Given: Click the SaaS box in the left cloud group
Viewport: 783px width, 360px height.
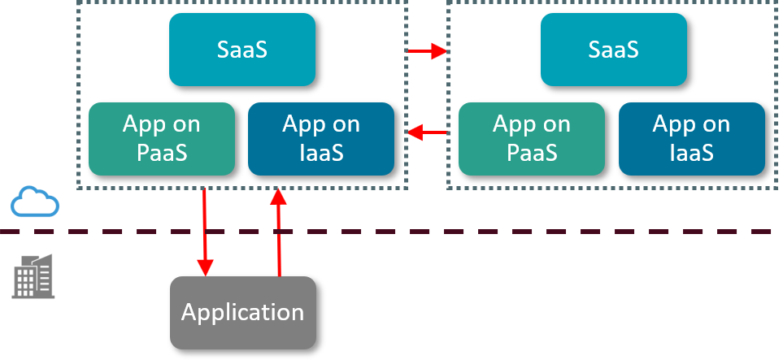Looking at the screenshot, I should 242,50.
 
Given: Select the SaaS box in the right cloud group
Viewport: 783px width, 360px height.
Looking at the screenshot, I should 613,50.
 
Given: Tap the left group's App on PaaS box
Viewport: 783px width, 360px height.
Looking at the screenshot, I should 161,138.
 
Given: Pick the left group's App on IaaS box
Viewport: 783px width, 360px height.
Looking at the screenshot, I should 320,138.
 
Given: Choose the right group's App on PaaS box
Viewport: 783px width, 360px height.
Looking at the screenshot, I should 532,138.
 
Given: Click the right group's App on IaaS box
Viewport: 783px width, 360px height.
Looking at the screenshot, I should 691,138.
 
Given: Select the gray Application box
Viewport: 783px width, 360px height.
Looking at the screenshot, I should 242,312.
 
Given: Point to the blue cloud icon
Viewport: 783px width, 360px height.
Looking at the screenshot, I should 35,202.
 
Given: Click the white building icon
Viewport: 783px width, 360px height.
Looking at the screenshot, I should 33,276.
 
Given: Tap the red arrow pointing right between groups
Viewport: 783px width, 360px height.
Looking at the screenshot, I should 427,52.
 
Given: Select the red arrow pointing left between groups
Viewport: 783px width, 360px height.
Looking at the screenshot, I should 427,132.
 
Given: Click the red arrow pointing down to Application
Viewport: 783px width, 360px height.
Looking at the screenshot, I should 205,232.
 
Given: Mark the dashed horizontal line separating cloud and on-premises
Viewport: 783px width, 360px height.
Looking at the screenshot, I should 488,232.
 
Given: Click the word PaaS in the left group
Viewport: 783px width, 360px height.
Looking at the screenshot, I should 161,152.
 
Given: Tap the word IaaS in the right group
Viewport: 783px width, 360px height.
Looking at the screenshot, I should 691,152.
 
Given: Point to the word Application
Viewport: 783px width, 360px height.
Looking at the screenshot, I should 242,312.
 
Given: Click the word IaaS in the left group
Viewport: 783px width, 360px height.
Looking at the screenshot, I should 320,152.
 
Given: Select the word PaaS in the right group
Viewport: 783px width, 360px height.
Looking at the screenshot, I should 532,152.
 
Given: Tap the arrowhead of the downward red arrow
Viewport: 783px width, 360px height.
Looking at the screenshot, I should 205,267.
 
